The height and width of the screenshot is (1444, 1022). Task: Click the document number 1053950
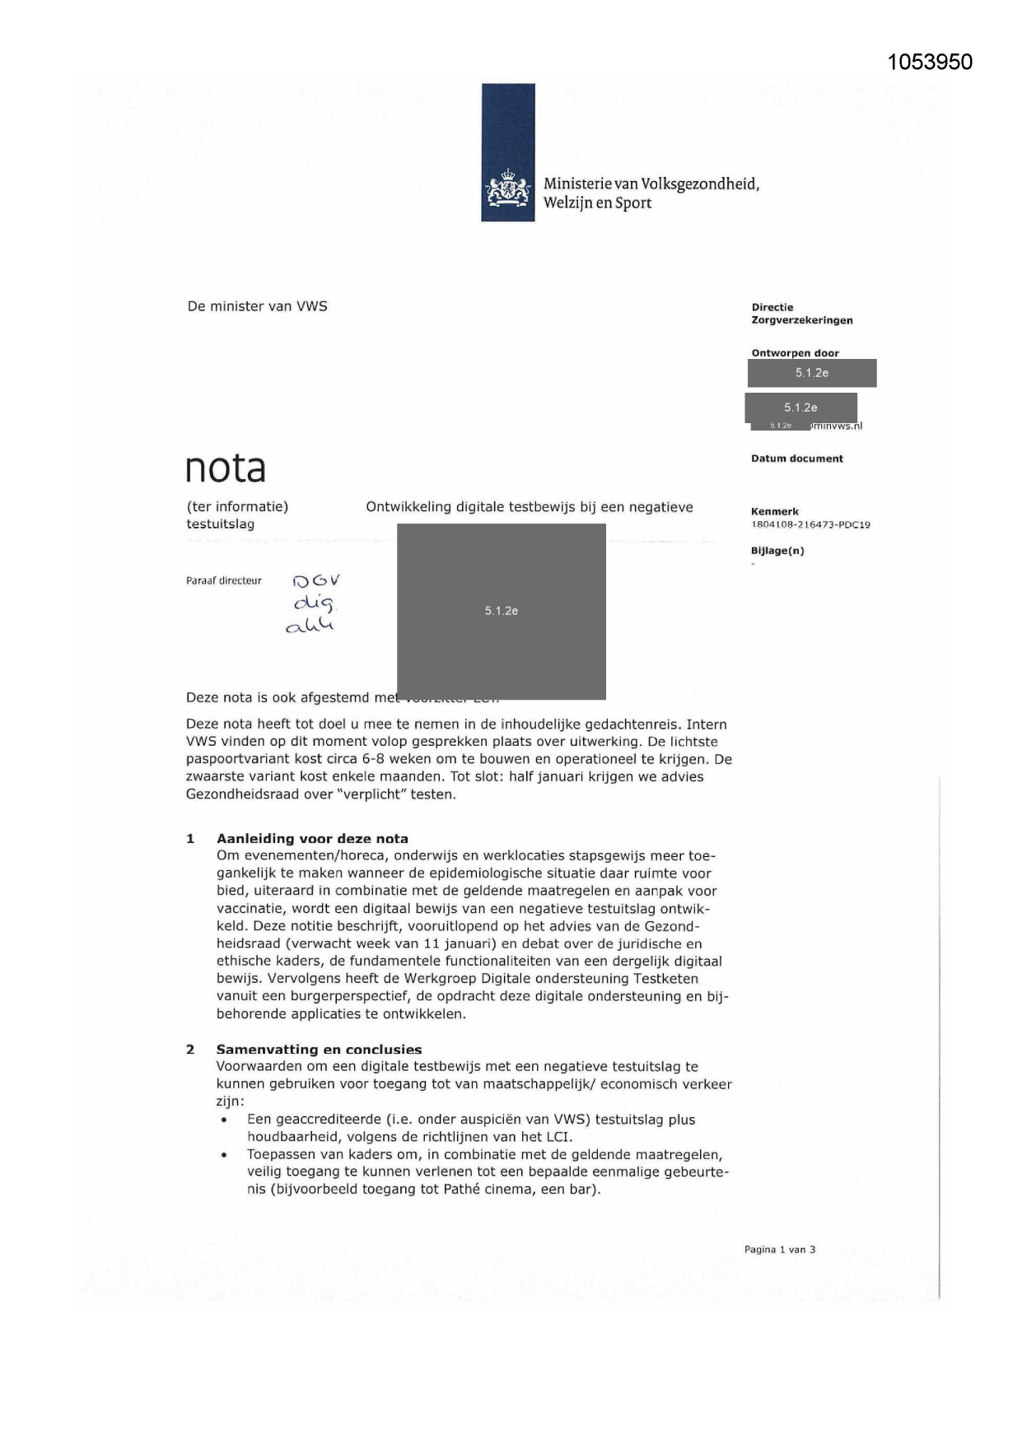coord(930,62)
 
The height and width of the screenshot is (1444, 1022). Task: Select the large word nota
coord(226,468)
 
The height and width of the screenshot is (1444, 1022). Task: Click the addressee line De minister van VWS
coord(257,306)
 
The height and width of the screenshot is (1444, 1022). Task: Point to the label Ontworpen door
coord(795,353)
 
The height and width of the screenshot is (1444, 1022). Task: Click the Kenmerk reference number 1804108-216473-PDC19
coord(810,524)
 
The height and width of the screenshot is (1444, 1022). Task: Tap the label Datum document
coord(796,459)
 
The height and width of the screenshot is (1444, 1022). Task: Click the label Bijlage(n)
coord(777,551)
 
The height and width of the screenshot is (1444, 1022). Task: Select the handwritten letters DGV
coord(316,580)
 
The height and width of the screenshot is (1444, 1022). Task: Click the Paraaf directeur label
coord(223,580)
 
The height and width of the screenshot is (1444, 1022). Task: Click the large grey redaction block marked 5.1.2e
coord(501,611)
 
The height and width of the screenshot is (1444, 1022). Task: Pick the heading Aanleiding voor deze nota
coord(312,838)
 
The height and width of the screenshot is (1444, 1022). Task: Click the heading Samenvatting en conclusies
coord(319,1049)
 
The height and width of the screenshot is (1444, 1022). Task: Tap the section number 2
coord(190,1049)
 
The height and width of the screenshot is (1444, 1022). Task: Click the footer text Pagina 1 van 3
coord(779,1249)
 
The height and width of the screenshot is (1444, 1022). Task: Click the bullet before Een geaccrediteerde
coord(224,1120)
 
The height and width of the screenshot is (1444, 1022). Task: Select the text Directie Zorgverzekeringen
coord(801,314)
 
